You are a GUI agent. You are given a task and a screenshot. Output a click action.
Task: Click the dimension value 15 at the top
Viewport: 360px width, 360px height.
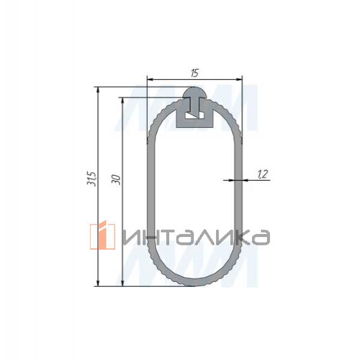194,73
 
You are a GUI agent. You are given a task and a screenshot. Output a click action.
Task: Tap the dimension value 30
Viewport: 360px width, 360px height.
116,179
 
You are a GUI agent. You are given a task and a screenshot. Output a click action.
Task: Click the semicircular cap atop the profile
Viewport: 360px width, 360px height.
194,93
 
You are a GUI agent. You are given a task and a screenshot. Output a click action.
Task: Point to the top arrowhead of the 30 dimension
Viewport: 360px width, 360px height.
122,100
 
